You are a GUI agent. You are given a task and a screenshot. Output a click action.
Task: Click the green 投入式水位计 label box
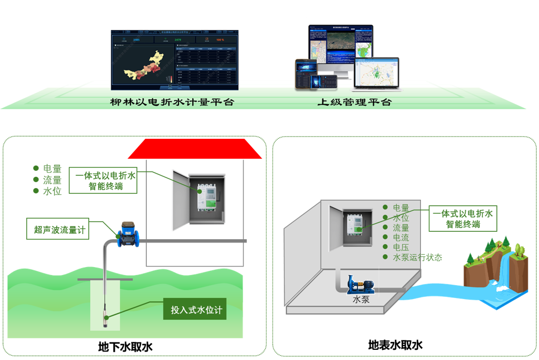(x=195, y=310)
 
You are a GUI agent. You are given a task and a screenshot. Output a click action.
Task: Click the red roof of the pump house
(x=194, y=150)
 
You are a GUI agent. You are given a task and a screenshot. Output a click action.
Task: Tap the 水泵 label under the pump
(x=361, y=300)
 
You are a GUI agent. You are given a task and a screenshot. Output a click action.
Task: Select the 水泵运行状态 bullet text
(x=417, y=257)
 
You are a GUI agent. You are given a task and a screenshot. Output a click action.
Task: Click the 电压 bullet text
(x=401, y=247)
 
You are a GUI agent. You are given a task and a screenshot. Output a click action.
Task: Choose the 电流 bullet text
(x=401, y=238)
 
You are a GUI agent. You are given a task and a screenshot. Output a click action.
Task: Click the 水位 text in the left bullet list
(x=52, y=191)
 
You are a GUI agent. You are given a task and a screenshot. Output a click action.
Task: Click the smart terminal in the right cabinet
(x=356, y=226)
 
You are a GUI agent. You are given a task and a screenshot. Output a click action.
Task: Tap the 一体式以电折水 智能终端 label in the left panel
(x=106, y=181)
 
